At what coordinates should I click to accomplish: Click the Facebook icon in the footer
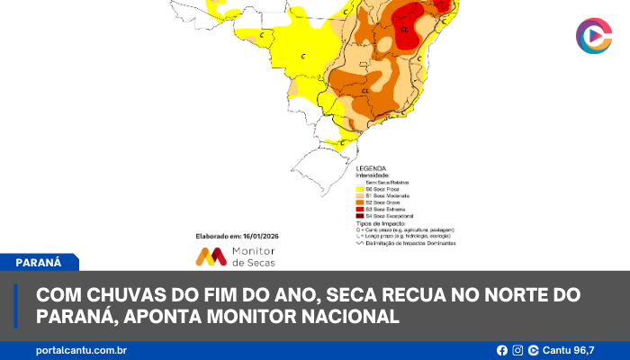pos(502,350)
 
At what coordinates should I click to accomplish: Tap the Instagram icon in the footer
pos(517,350)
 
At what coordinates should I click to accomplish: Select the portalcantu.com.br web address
pos(81,350)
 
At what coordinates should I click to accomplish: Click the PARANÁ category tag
pos(38,263)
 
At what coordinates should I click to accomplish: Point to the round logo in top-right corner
pos(593,35)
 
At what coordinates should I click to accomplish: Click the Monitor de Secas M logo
pos(211,256)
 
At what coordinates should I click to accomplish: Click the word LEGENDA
pos(372,168)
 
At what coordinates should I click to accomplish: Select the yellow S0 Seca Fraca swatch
pos(360,189)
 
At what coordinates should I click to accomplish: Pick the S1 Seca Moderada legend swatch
pos(360,195)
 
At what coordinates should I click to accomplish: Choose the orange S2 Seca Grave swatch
pos(360,202)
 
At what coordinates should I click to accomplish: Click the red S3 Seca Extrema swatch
pos(360,209)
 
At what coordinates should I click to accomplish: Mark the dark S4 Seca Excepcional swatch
pos(360,216)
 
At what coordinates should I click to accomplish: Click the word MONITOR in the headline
pos(291,317)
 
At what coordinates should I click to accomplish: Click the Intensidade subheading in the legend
pos(376,175)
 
